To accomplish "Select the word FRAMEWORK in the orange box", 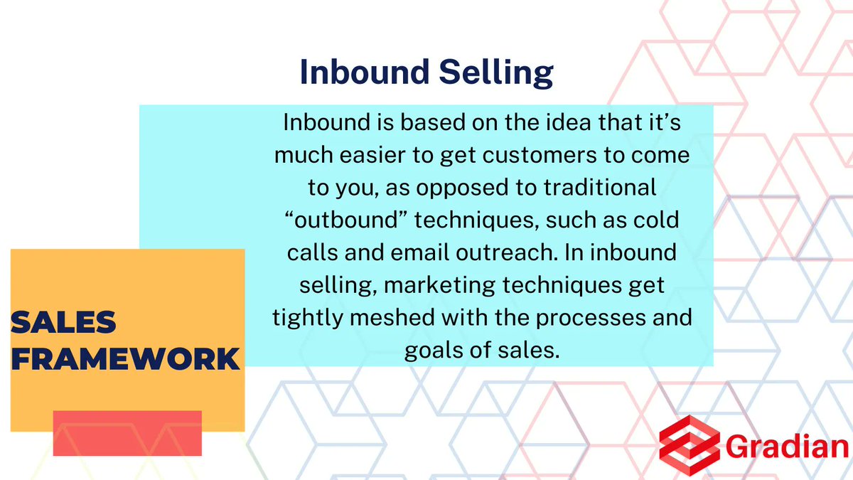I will click(x=126, y=358).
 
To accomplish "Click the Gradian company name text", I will click(x=788, y=447).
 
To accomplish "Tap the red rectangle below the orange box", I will click(x=127, y=433).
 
